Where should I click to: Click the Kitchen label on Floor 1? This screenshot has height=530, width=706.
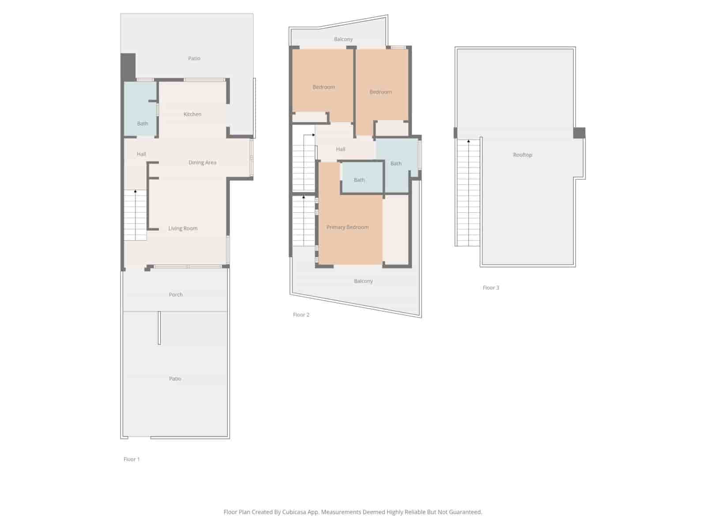coord(192,114)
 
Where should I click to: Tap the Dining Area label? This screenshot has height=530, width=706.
coord(202,163)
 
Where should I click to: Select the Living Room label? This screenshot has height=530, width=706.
coord(183,228)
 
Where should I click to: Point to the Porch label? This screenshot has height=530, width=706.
coord(176,295)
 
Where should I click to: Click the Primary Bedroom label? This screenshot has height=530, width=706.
coord(347,227)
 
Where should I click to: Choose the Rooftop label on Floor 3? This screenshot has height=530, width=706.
coord(522,155)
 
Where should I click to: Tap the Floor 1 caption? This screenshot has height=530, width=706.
coord(131,459)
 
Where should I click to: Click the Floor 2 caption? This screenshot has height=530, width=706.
coord(301,315)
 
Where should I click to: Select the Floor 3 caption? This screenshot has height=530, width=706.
coord(491,288)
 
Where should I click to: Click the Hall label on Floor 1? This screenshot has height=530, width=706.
coord(141,154)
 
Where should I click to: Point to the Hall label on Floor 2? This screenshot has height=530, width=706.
coord(340,149)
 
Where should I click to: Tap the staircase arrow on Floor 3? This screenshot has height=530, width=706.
coord(468,141)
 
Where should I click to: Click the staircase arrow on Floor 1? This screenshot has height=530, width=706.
coord(135,192)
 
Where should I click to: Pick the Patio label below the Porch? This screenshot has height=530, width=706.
coord(175,379)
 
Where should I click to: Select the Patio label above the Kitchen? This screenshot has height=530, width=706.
coord(194,58)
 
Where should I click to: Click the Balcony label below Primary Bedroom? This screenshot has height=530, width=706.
coord(363,281)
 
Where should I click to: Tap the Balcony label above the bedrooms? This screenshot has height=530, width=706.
coord(343,39)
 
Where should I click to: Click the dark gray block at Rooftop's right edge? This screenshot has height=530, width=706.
coord(579,132)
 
